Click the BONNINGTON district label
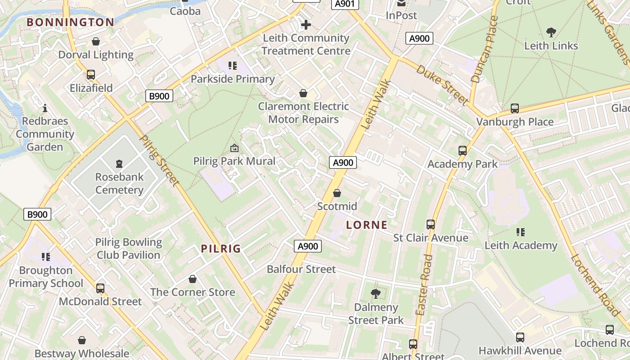(70, 22)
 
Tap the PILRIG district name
(221, 248)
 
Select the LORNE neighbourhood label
(367, 225)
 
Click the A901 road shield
(345, 4)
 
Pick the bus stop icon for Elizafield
(91, 75)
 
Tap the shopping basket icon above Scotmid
(337, 193)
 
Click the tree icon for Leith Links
(551, 32)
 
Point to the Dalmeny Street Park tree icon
(375, 294)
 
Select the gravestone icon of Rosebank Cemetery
(119, 164)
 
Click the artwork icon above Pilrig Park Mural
(234, 148)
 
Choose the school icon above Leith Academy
(521, 232)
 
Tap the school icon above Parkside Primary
(233, 66)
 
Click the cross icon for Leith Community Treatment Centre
(306, 25)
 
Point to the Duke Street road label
(442, 85)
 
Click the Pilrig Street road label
(160, 161)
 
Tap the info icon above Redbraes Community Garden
(45, 108)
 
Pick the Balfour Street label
(301, 269)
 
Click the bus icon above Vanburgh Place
(515, 108)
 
